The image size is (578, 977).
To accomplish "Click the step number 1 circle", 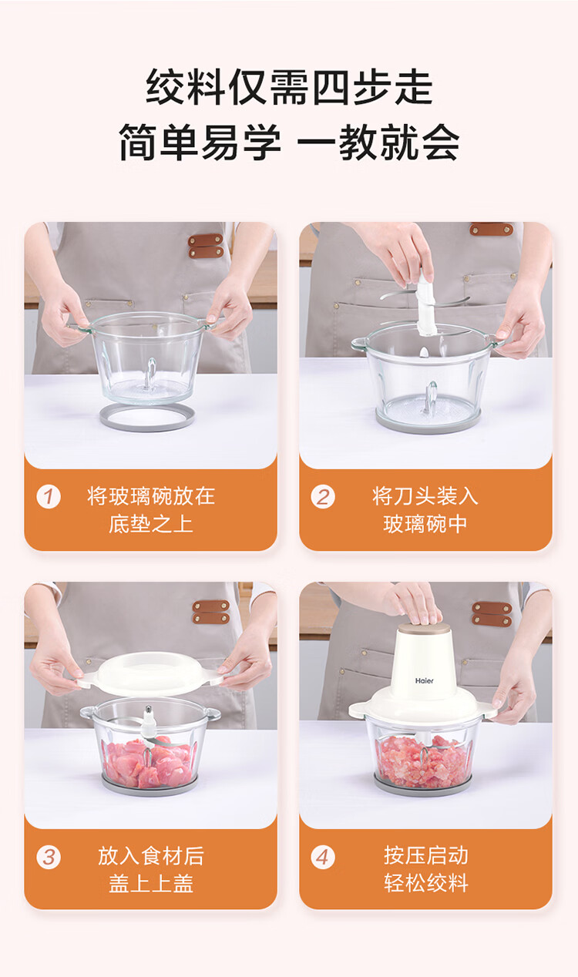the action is click(x=49, y=496).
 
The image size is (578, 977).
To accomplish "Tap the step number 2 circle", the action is click(x=323, y=496).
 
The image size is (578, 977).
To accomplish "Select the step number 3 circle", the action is click(x=49, y=857).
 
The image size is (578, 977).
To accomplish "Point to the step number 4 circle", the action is click(x=323, y=857).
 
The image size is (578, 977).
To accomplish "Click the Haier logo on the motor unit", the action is click(x=424, y=680).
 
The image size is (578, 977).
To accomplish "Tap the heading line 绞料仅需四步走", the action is click(x=289, y=87).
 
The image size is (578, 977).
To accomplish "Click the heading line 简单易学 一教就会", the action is click(x=289, y=142).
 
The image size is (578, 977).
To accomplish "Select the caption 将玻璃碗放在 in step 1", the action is click(x=151, y=496).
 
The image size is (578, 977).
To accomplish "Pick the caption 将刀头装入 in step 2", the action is click(x=425, y=496).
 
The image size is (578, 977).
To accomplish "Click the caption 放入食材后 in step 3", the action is click(x=151, y=855).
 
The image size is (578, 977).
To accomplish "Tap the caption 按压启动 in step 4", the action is click(x=425, y=855).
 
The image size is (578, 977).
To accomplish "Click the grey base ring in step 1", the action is click(x=147, y=425).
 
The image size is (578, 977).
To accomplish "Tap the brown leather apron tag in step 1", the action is click(x=206, y=246).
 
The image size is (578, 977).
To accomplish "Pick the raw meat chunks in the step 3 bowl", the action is click(x=148, y=761).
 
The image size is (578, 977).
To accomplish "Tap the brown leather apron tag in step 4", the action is click(x=492, y=614).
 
